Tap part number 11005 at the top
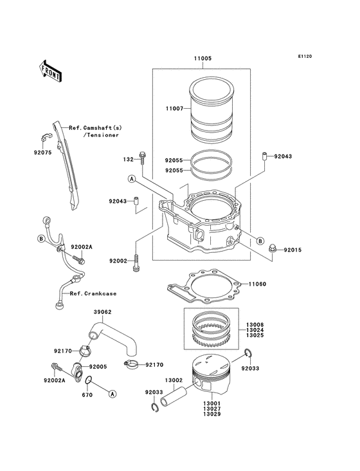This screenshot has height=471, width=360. click(x=203, y=59)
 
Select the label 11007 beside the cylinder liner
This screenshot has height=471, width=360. click(x=174, y=109)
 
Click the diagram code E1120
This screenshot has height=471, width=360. click(x=305, y=56)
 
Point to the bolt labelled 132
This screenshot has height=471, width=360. click(x=142, y=158)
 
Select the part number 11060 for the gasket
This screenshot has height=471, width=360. click(x=257, y=284)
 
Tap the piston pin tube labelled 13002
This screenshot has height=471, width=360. click(x=174, y=396)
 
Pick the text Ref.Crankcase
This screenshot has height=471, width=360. click(x=93, y=293)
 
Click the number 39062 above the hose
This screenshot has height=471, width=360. click(x=103, y=312)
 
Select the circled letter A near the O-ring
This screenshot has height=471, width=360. click(x=113, y=394)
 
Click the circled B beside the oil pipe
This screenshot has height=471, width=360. click(x=41, y=239)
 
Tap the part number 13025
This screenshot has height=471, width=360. click(x=255, y=335)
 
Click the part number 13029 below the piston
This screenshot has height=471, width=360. click(x=212, y=414)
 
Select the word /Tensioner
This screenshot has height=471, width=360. click(x=101, y=135)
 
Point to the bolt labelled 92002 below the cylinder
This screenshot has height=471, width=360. click(x=136, y=263)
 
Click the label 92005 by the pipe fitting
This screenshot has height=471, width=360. click(x=98, y=367)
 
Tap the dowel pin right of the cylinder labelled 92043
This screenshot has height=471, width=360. click(x=265, y=156)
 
